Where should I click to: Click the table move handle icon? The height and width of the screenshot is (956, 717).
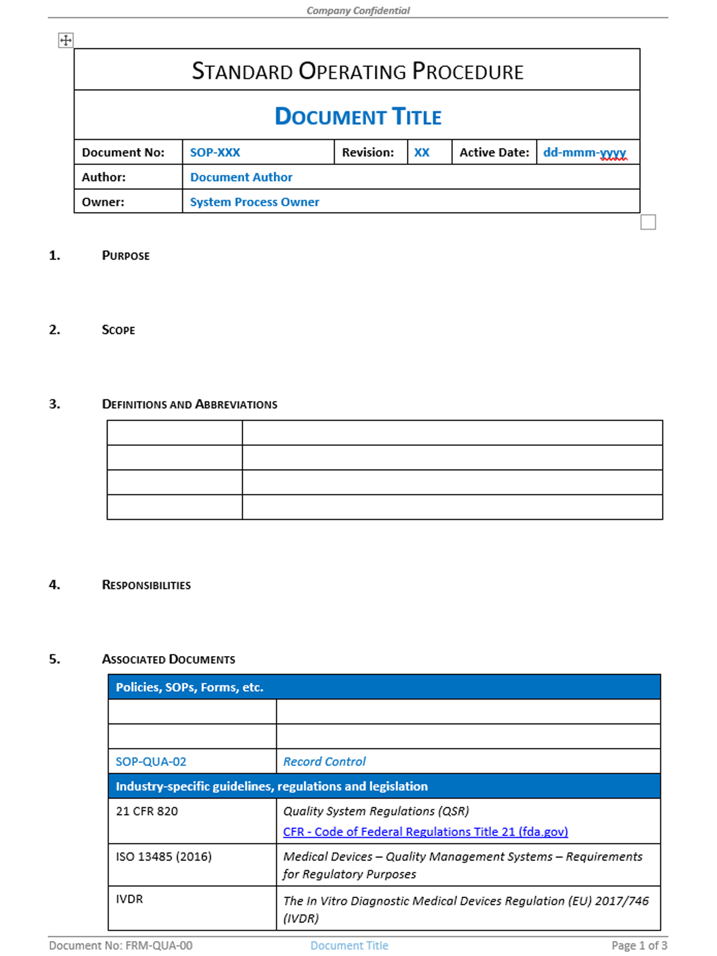click(66, 40)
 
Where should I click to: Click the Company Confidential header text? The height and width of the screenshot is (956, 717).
click(358, 10)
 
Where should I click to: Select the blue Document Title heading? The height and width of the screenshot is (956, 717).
click(358, 117)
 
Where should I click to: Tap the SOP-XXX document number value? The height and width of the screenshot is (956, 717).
click(215, 152)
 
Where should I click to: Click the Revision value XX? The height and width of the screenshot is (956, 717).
click(422, 152)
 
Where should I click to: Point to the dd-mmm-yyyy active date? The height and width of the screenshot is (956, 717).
click(584, 152)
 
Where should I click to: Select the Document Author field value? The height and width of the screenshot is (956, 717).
click(241, 177)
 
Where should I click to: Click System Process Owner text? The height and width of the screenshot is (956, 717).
click(255, 202)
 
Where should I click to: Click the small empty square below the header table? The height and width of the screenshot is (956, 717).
click(648, 222)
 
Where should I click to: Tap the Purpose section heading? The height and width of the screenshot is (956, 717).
click(125, 256)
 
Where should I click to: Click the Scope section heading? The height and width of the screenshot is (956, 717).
click(118, 330)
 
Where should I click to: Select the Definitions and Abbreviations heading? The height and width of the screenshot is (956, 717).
click(189, 405)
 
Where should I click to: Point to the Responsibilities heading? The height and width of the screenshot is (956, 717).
click(146, 585)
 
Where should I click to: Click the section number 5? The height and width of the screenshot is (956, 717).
click(54, 659)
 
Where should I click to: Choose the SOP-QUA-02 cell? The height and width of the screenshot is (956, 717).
click(151, 762)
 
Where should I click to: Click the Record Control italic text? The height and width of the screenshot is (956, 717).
click(324, 762)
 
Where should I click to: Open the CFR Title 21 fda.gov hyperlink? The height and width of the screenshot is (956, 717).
click(425, 832)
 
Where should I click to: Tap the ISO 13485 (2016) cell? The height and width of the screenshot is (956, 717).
click(164, 857)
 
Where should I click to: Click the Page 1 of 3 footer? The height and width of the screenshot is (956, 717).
click(639, 945)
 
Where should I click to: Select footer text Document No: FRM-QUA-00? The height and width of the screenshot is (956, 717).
click(121, 945)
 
